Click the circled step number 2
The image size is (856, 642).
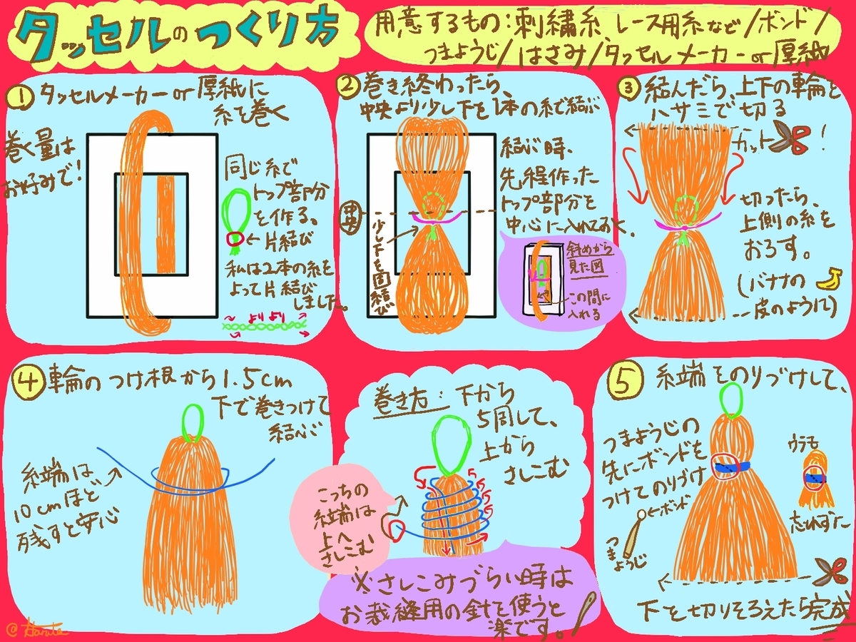point(347,87)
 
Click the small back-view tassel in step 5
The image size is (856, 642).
point(813,477)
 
